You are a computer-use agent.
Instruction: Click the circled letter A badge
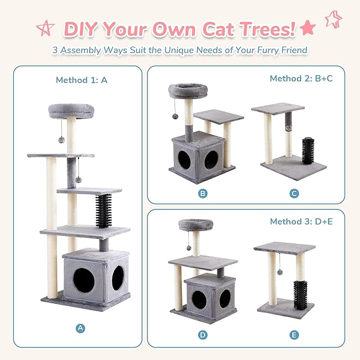click(80, 328)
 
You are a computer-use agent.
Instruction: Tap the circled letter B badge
click(203, 193)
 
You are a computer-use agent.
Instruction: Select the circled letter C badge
click(294, 193)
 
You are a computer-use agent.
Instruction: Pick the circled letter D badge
click(203, 335)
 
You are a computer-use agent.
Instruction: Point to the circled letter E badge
click(294, 335)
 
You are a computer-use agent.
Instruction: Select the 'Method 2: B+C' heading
click(301, 78)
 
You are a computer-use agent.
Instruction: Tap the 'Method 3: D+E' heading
click(301, 221)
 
